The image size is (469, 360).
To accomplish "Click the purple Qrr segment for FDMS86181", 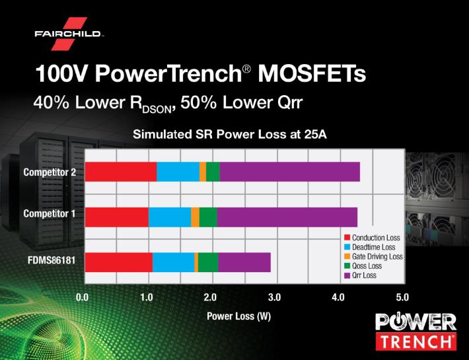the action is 244,262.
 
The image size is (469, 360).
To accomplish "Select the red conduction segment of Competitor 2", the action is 121,172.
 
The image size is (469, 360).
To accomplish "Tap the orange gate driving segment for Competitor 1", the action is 196,217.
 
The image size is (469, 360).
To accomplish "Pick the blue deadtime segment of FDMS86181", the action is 174,262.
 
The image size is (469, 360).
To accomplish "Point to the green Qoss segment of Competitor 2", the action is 213,172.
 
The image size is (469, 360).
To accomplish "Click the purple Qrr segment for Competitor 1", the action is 287,217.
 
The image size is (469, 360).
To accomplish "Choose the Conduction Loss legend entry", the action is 372,238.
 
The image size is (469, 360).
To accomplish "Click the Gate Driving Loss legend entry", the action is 373,256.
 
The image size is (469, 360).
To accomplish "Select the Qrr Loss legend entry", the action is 360,275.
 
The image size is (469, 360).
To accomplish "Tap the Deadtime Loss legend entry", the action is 370,247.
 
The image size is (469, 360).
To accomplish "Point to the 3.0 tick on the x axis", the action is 274,297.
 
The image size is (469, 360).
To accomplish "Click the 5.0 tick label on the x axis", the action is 402,297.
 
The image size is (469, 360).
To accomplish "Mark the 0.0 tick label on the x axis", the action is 83,297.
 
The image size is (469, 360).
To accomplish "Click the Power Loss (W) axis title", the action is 238,316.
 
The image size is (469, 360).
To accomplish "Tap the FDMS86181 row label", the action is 52,260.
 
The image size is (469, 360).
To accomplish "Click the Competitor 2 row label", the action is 50,172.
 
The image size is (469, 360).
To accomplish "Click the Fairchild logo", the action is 69,34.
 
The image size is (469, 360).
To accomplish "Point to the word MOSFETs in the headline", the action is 312,73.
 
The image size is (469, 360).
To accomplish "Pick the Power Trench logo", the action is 416,332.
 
